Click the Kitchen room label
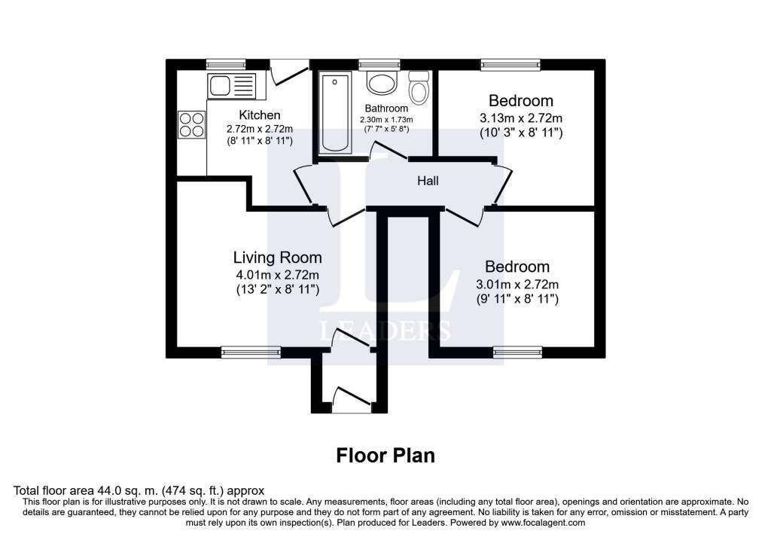pos(260,115)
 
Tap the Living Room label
pos(277,258)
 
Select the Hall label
pos(428,181)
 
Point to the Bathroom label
pos(386,108)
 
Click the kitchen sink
pos(232,86)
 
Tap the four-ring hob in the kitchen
pos(192,125)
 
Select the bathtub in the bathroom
pos(335,113)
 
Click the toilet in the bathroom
pos(419,87)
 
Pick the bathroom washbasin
pos(382,84)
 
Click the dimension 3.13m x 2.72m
pos(521,118)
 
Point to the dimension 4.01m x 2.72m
pos(277,275)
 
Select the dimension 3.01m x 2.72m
pos(517,284)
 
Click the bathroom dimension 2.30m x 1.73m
pos(386,120)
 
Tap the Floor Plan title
pos(385,456)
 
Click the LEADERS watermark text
pos(385,331)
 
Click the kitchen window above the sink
pos(226,64)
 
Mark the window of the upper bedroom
pos(510,64)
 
